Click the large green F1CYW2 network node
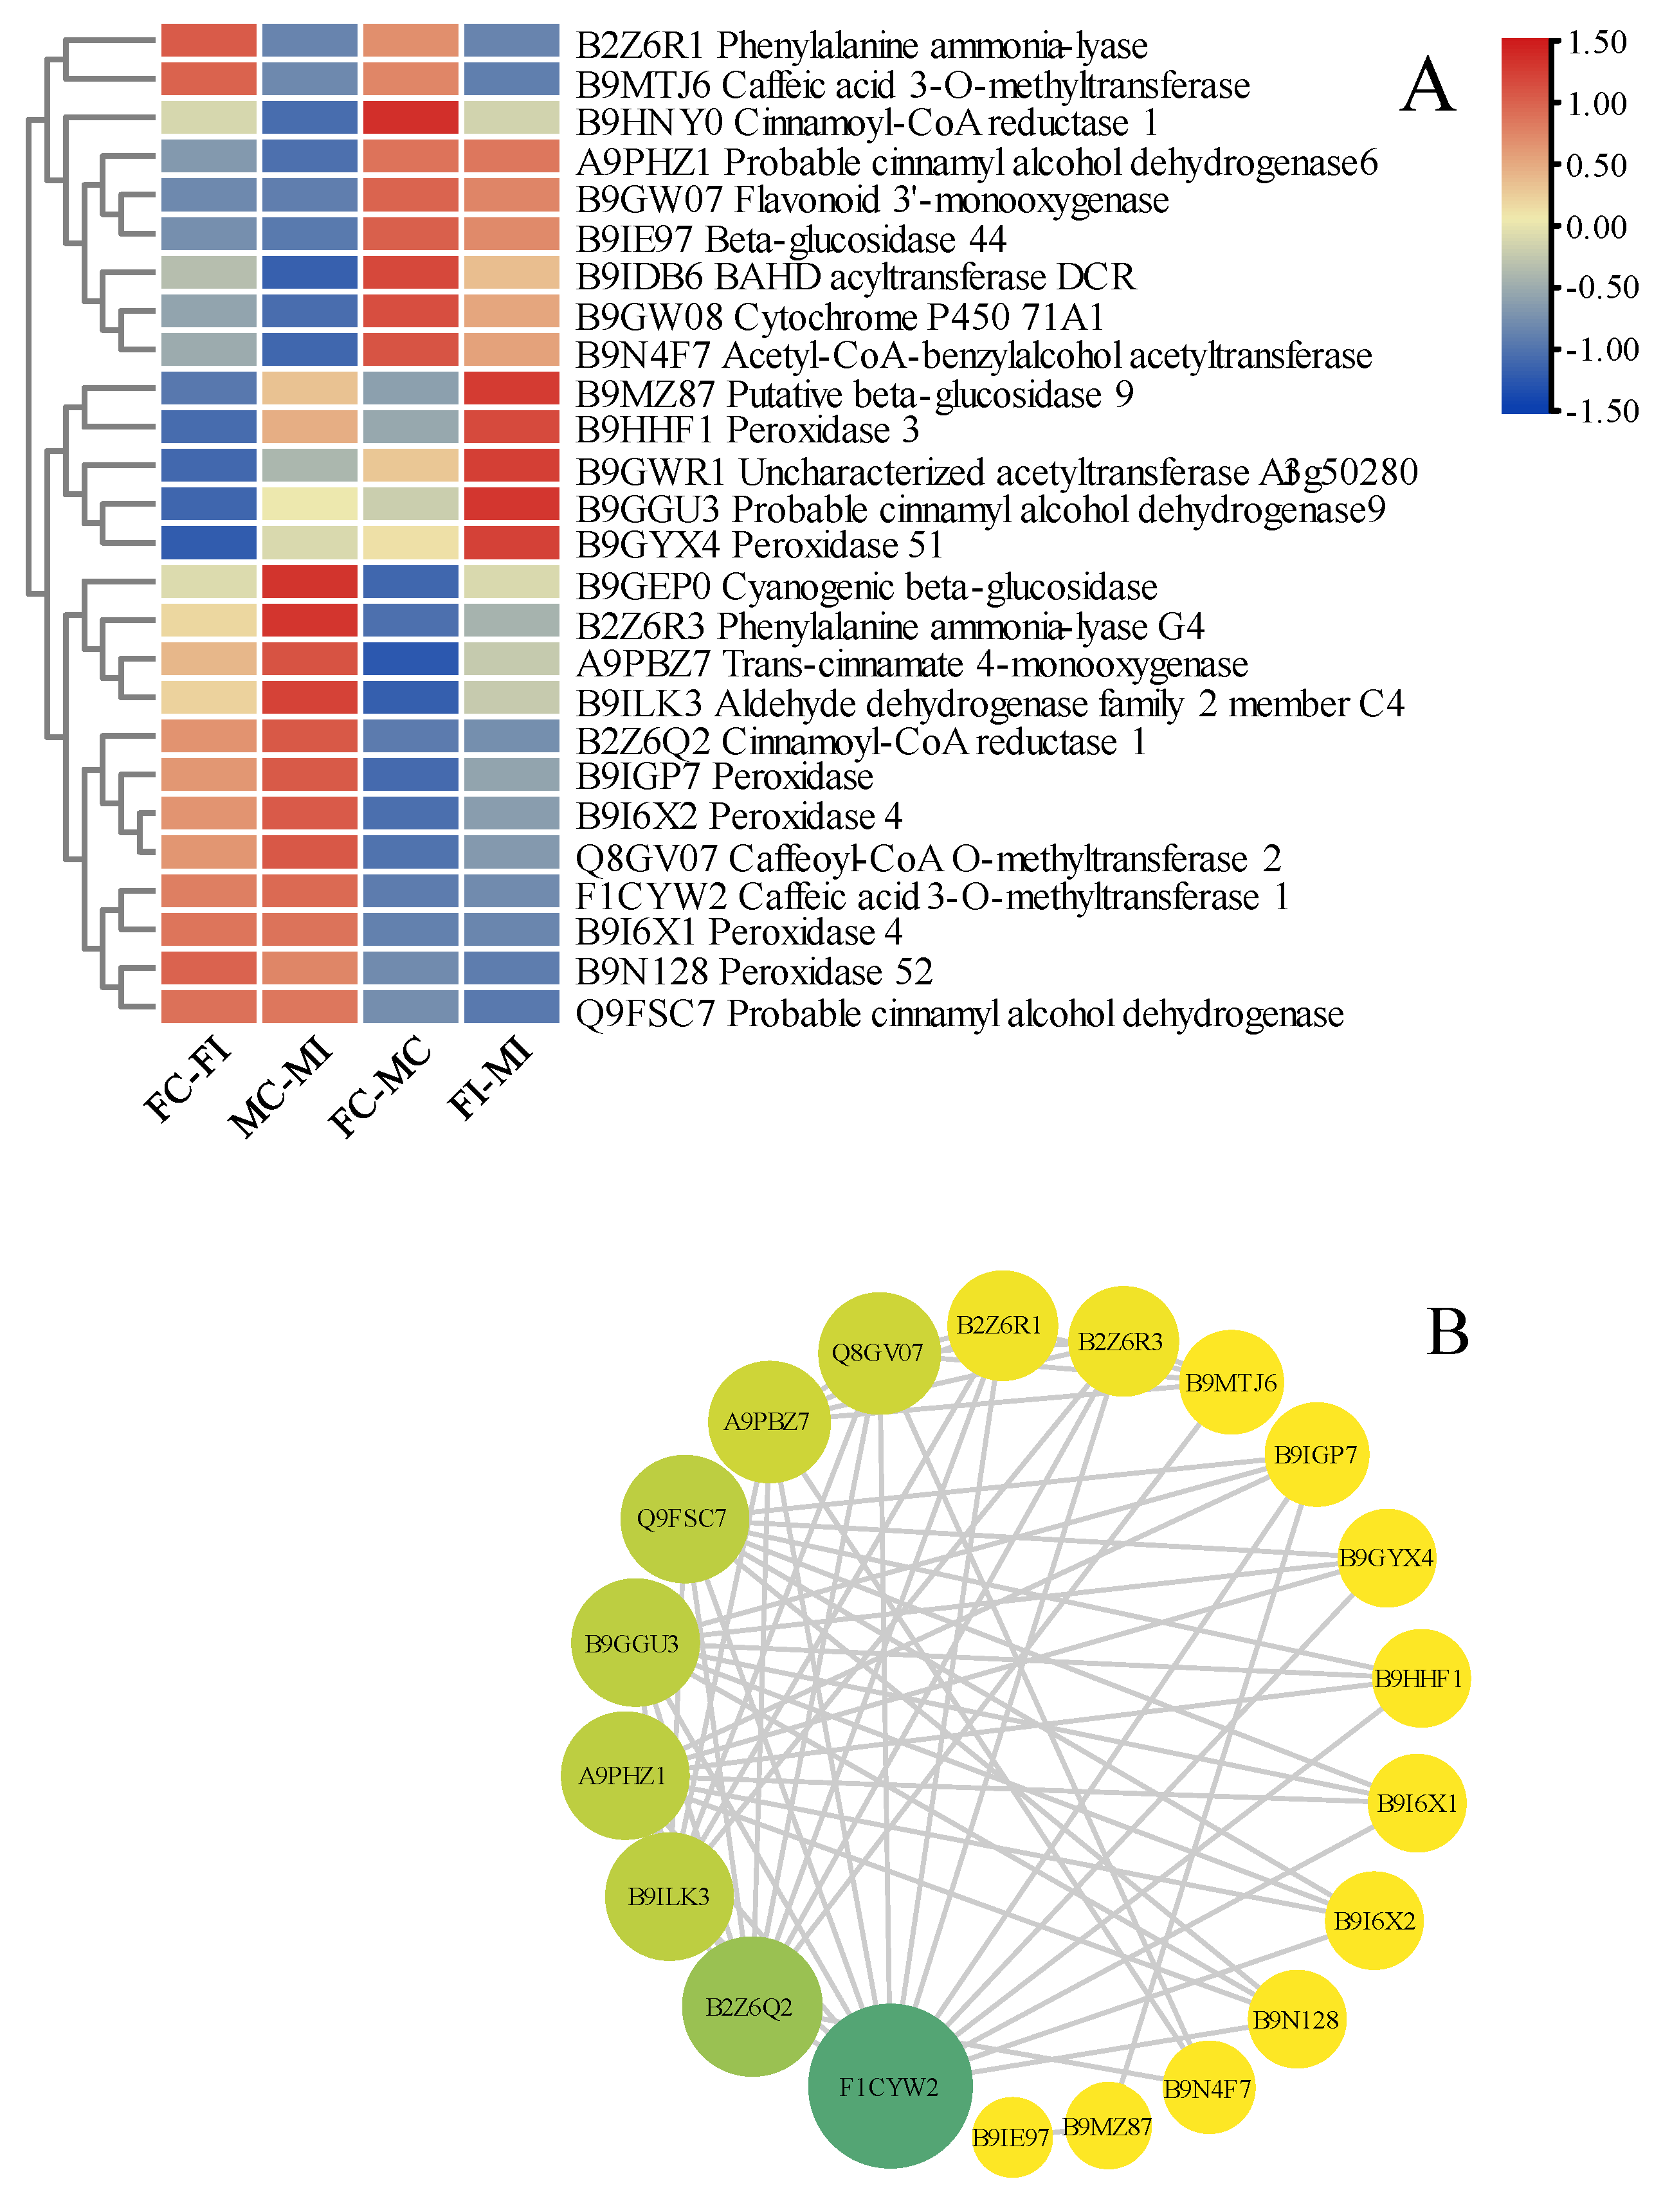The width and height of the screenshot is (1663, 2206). [x=889, y=2085]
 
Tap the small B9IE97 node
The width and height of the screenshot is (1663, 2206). [x=1010, y=2136]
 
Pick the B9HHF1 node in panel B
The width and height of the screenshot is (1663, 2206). [x=1419, y=1678]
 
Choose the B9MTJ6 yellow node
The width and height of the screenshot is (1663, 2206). [x=1230, y=1382]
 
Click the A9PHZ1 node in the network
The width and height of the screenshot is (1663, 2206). [x=624, y=1775]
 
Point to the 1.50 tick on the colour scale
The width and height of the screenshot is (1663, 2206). [x=1596, y=43]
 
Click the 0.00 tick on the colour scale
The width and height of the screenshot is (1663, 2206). [x=1596, y=228]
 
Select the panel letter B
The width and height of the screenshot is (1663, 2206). [x=1448, y=1332]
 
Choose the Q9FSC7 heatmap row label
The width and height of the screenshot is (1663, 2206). [x=959, y=1013]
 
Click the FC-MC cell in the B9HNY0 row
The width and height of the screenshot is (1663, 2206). [x=410, y=118]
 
